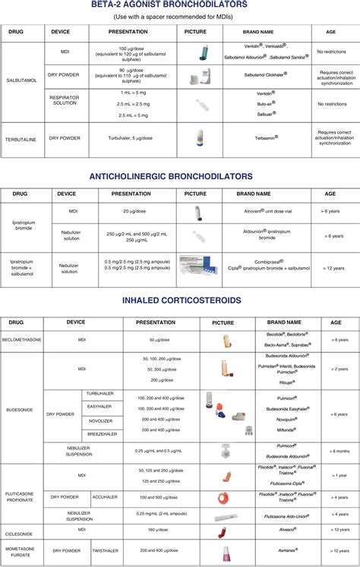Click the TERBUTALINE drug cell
[22, 140]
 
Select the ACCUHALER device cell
[99, 496]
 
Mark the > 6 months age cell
[338, 451]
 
